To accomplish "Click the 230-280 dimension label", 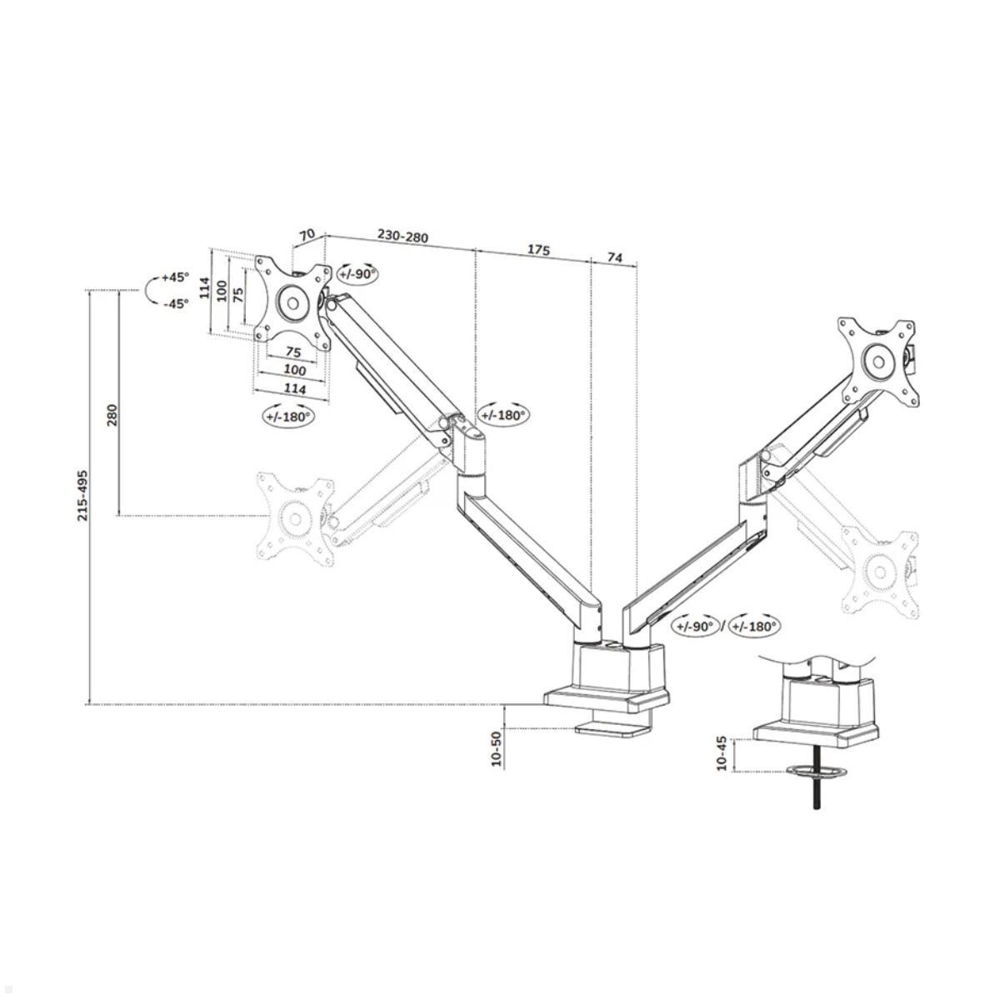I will (x=402, y=237).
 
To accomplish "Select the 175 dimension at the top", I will (x=539, y=249).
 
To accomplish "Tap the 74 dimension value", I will (x=614, y=257).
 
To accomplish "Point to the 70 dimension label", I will (x=307, y=234).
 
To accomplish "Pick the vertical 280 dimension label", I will (x=112, y=414).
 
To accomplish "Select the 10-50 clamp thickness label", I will (x=497, y=747).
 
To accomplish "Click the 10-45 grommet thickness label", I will (x=722, y=753).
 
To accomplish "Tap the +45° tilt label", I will (x=176, y=277).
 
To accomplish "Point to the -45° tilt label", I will (x=176, y=303).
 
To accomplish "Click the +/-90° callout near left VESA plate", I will (x=357, y=273).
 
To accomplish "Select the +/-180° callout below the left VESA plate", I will (x=288, y=416).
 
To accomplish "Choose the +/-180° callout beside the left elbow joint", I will (x=503, y=414).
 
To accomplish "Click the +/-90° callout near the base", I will (x=697, y=625).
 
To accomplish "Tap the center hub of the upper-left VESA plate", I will (x=292, y=301).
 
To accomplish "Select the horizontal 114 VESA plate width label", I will (x=293, y=388).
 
